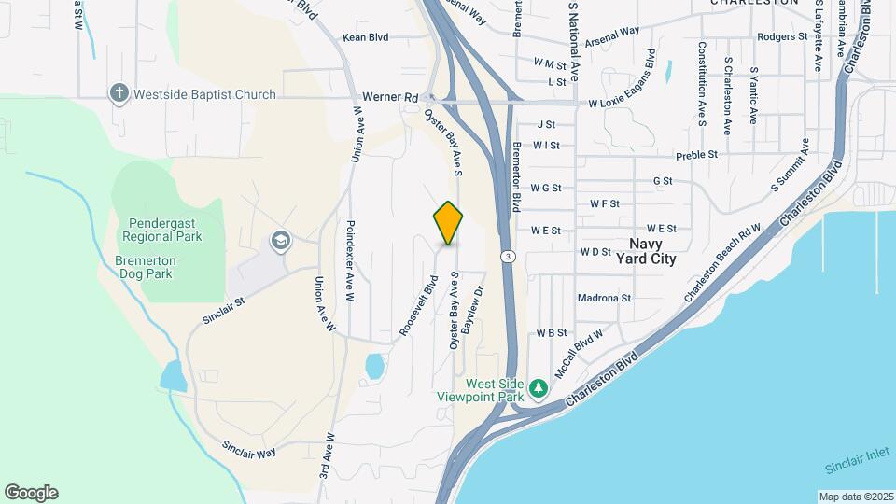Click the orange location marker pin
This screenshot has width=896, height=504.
pyautogui.click(x=448, y=223)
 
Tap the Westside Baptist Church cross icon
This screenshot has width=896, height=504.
pyautogui.click(x=119, y=93)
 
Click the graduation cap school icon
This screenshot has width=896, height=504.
pyautogui.click(x=279, y=242)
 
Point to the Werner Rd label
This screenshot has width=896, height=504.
pyautogui.click(x=385, y=96)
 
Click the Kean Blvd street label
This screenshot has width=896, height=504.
pyautogui.click(x=365, y=38)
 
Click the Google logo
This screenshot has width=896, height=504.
pyautogui.click(x=31, y=493)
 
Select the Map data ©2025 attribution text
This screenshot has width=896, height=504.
pyautogui.click(x=856, y=497)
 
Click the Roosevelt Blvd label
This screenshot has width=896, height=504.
pyautogui.click(x=418, y=305)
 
